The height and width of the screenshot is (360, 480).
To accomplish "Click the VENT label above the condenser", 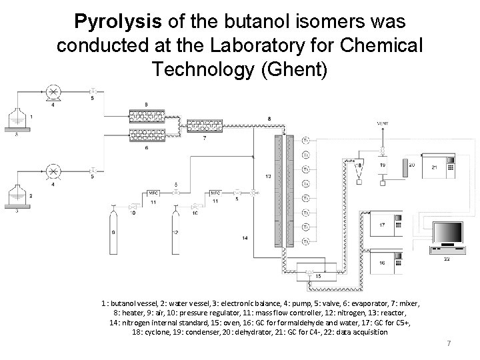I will click(382, 123).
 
